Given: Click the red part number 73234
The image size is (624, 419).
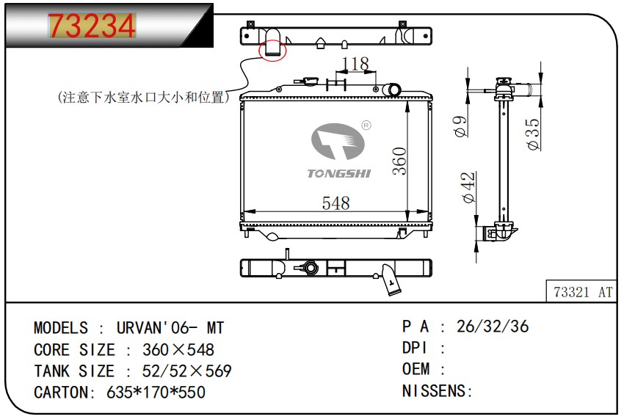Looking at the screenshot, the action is [92, 26].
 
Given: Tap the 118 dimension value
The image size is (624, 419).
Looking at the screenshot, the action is [356, 64].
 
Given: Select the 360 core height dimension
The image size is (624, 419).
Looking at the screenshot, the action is [399, 161].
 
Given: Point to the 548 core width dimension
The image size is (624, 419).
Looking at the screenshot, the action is [336, 203].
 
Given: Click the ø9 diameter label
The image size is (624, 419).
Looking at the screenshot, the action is [460, 126].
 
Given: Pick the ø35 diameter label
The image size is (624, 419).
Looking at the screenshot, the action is [533, 134].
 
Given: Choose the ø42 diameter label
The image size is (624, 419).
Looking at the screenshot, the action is [469, 187].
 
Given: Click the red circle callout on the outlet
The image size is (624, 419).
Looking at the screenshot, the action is [272, 51].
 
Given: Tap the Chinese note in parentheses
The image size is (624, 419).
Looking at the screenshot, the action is [144, 97].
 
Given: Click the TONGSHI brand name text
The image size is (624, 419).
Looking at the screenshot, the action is [339, 173].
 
